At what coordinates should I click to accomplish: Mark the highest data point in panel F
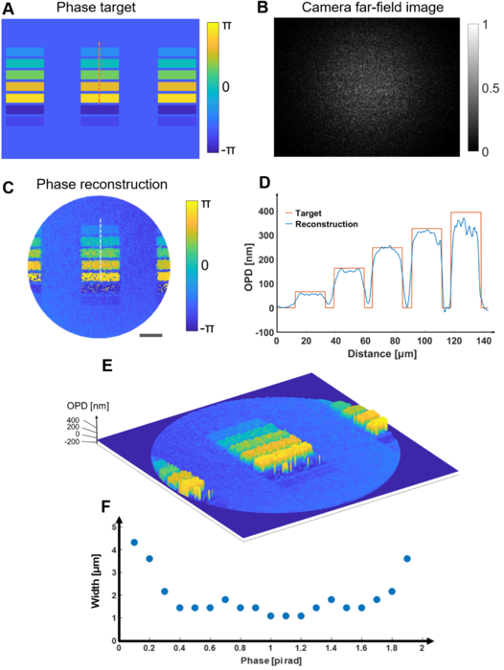point(134,542)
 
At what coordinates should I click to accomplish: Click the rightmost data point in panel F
point(407,558)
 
